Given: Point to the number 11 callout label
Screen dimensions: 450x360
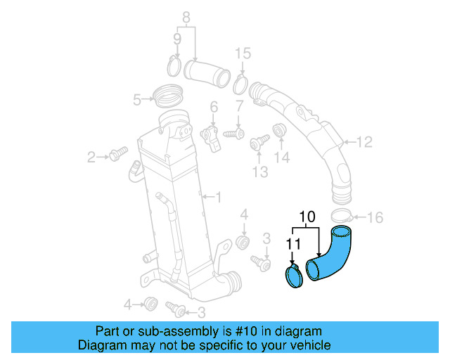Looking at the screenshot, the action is point(292,244).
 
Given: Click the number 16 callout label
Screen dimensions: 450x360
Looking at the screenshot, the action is point(375,218).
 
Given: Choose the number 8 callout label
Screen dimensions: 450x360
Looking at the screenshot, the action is point(186,17).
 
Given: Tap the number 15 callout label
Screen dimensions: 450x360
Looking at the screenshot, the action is point(242,53).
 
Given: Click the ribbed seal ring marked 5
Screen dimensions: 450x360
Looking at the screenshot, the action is point(168,92).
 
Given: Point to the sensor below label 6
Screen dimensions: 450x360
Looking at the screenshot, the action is point(211,133).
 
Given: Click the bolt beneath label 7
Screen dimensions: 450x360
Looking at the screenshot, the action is point(234,132).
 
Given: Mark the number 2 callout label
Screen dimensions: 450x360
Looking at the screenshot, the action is point(91,157).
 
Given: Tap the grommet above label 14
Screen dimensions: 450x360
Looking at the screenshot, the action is point(280,131).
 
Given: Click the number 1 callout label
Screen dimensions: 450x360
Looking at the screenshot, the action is point(218,198).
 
